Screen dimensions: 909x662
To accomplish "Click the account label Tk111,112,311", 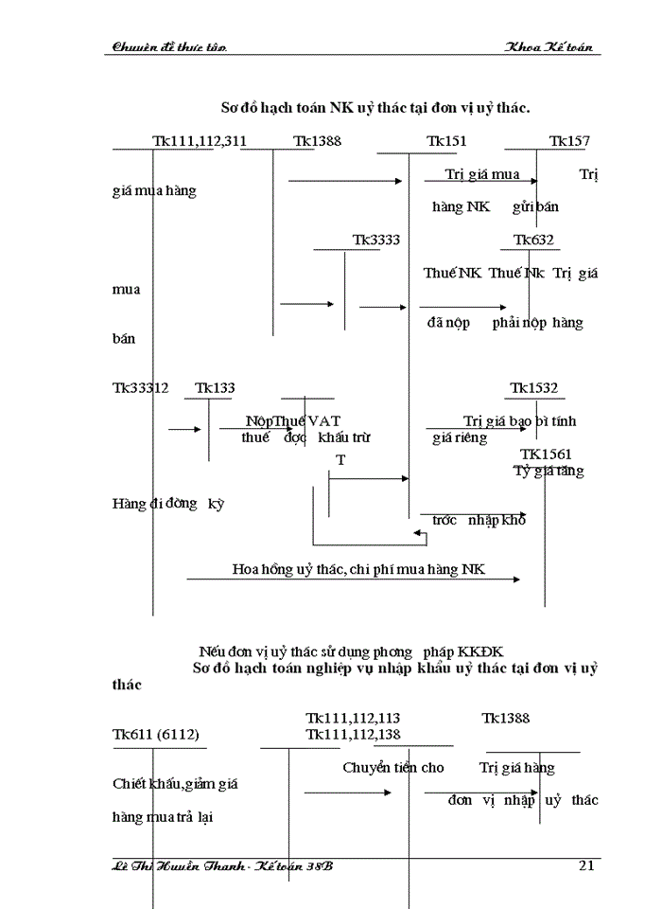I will coord(200,141).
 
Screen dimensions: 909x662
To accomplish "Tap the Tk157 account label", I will coord(569,141).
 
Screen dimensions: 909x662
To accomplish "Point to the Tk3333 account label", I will coord(376,240).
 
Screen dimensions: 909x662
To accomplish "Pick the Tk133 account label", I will coord(216,387).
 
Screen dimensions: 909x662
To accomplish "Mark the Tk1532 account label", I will coord(534,387).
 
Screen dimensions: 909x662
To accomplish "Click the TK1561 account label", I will coord(546,454).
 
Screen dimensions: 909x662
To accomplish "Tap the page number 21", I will coord(585,865).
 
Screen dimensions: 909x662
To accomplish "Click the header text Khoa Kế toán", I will coord(549,46).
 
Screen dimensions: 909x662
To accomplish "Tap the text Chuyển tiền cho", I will coord(393,767).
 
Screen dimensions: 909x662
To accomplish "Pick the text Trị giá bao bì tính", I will coord(520,420).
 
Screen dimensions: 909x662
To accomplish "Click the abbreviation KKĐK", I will coord(480,651).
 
